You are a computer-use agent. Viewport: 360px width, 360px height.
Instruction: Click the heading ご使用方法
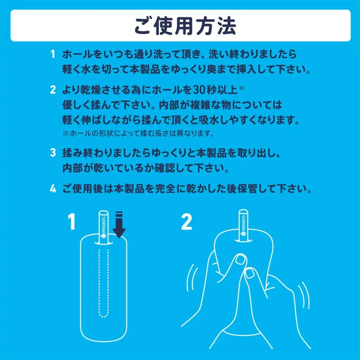(185, 26)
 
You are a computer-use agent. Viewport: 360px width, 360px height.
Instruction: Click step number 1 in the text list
(53, 54)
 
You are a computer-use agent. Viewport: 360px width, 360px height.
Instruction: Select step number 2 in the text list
(53, 90)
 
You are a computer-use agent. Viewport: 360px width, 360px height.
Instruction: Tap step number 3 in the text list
(53, 152)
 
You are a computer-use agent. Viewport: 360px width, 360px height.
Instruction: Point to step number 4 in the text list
(53, 189)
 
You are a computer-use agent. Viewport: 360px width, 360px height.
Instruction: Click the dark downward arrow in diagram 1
(119, 225)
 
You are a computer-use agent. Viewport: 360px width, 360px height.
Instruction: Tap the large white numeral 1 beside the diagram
(72, 221)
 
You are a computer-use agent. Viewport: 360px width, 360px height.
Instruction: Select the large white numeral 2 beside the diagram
(186, 221)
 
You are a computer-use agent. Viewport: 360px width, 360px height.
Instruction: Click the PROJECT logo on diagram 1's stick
(103, 227)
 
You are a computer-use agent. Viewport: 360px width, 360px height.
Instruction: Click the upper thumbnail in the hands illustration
(241, 260)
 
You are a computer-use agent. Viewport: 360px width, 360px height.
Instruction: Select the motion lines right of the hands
(305, 297)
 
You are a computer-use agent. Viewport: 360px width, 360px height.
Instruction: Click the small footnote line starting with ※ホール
(138, 133)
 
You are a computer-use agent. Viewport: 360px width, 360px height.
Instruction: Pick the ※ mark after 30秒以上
(242, 88)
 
